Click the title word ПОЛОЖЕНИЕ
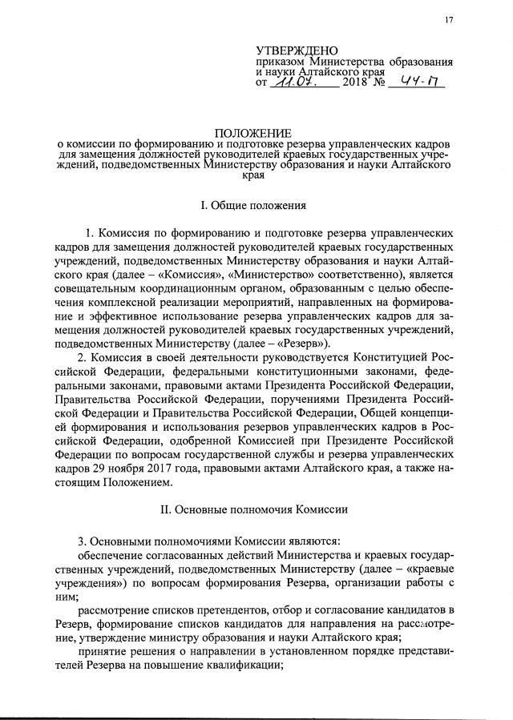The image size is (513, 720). (x=253, y=131)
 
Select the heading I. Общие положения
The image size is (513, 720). (x=253, y=205)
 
